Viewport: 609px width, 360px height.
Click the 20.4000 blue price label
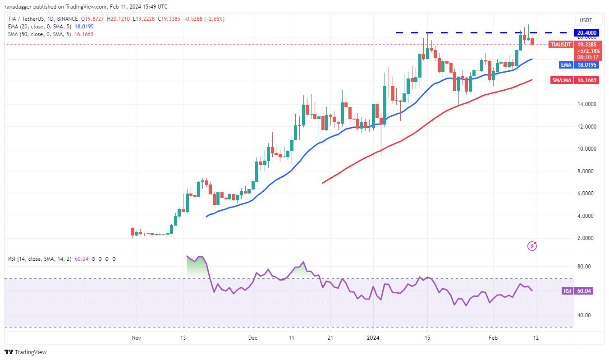[586, 32]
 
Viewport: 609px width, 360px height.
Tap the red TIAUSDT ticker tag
[561, 44]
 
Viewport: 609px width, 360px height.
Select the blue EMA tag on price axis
[566, 65]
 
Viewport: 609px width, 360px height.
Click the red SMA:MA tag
[562, 80]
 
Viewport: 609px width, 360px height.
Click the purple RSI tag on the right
[567, 291]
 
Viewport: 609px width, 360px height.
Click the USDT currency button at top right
[586, 20]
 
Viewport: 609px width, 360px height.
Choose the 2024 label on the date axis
[373, 337]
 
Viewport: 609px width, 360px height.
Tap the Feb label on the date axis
[493, 337]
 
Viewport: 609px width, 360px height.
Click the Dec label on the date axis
[252, 337]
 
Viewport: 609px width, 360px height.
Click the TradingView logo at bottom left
[26, 352]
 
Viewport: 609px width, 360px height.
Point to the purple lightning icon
[533, 246]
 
